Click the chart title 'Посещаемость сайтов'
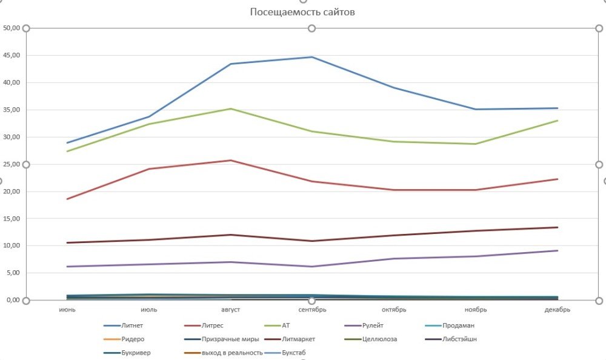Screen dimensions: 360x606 click(302, 12)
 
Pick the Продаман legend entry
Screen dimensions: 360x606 click(457, 325)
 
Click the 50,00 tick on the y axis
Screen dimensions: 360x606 click(12, 28)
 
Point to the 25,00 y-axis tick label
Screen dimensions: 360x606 click(12, 164)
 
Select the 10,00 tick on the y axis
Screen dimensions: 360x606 click(12, 246)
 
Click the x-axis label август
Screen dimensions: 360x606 click(230, 309)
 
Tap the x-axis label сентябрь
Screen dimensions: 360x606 click(311, 309)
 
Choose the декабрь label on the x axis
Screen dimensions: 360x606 click(557, 309)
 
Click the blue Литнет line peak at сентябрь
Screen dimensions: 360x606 click(312, 57)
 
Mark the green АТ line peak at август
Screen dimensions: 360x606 click(230, 108)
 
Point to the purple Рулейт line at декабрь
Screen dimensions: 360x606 click(557, 250)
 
